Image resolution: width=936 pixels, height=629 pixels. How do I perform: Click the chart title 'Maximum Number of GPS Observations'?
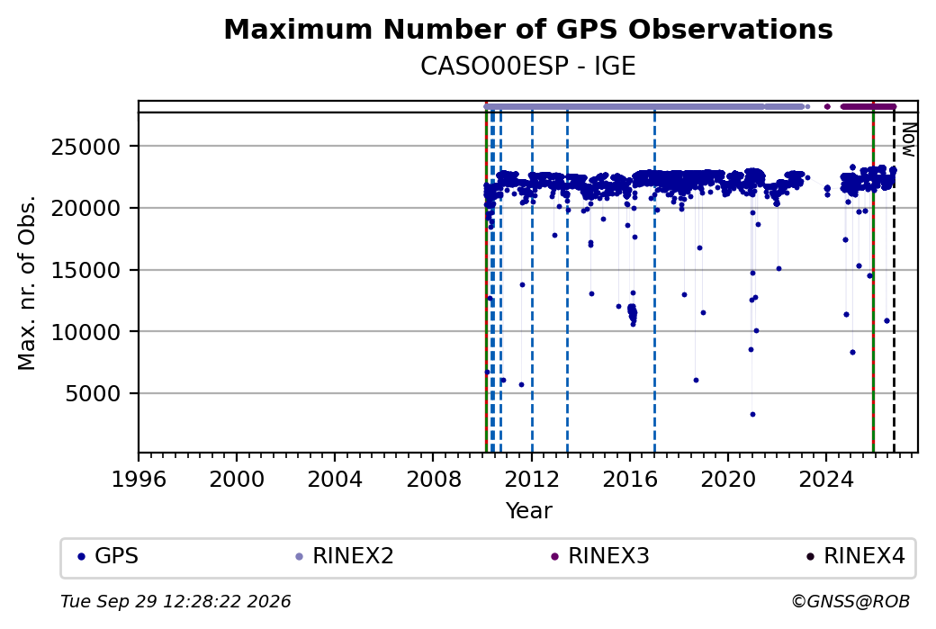(x=527, y=29)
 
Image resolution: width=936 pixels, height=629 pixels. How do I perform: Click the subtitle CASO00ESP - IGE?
(x=527, y=67)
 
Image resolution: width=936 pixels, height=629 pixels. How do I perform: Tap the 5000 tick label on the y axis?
(x=93, y=394)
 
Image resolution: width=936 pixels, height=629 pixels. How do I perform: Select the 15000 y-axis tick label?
(x=86, y=270)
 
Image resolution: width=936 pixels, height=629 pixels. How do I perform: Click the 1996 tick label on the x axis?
(x=139, y=480)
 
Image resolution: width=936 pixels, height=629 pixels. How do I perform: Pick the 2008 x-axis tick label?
(x=434, y=480)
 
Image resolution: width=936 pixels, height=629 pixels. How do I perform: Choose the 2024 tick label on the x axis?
(x=826, y=480)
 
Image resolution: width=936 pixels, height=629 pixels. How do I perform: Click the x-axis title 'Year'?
(x=528, y=511)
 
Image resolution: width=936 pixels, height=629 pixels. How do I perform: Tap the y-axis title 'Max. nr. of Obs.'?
(x=27, y=283)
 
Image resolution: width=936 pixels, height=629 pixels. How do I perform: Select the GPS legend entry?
(x=109, y=556)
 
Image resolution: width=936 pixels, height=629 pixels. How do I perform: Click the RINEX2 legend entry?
(x=345, y=556)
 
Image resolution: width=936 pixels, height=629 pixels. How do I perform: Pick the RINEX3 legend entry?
(x=600, y=556)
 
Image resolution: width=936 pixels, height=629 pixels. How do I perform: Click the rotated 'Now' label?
(x=908, y=139)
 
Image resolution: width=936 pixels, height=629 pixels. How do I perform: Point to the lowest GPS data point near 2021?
(x=752, y=414)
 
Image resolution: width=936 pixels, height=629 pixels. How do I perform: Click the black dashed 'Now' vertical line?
(x=894, y=283)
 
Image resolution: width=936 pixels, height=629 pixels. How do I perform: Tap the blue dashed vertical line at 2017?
(x=655, y=283)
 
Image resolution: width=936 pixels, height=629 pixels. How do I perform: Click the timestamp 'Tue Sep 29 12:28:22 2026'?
(x=175, y=601)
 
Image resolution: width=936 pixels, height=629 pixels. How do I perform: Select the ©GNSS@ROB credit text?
(x=850, y=601)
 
